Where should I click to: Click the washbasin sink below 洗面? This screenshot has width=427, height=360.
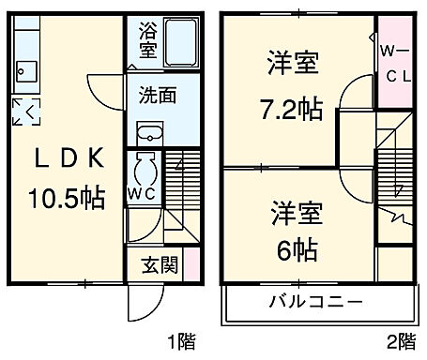click(x=151, y=130)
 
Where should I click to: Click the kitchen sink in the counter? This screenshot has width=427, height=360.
click(x=25, y=71)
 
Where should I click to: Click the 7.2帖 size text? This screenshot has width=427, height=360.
click(x=291, y=110)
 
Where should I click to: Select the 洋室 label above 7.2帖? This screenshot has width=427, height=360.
click(x=290, y=66)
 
